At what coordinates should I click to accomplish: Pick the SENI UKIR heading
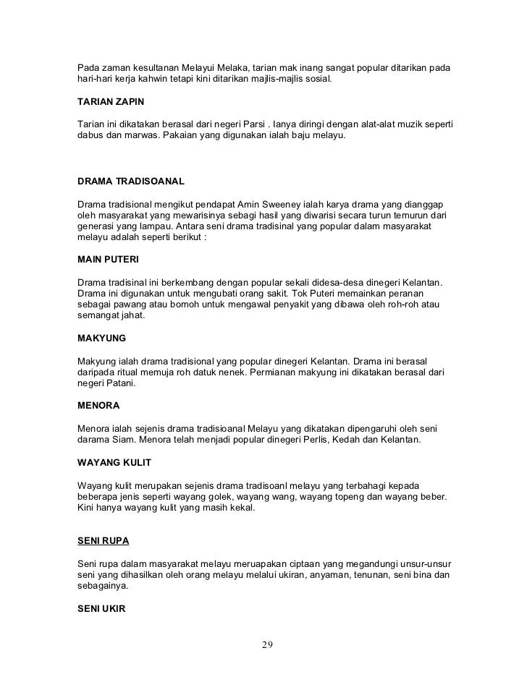[x=101, y=609]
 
